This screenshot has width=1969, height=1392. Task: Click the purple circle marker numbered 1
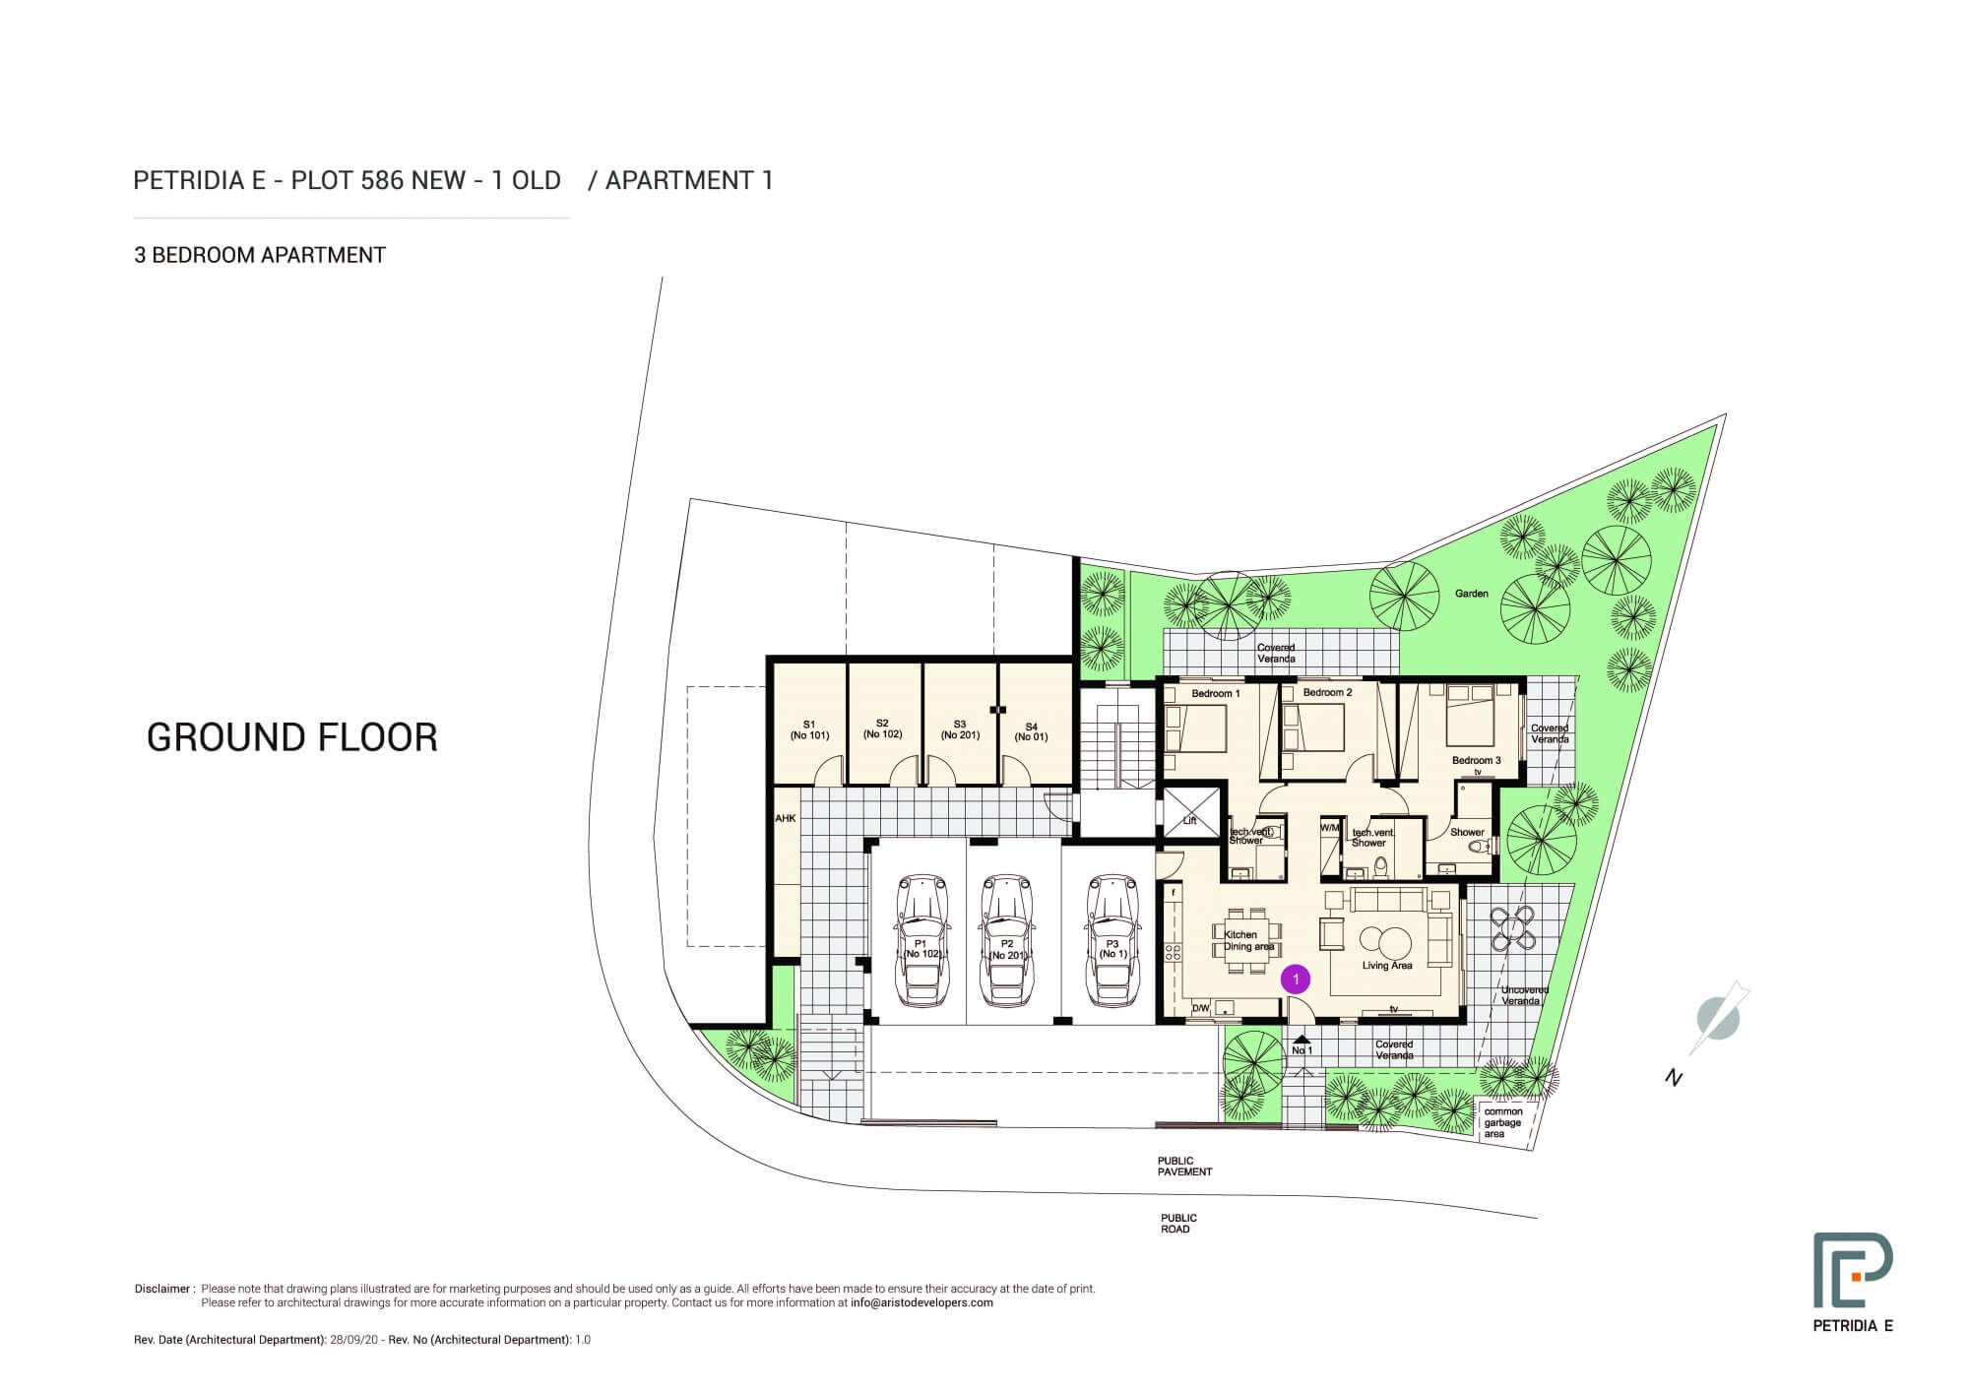1297,980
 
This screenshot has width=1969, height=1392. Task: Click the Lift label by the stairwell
1189,820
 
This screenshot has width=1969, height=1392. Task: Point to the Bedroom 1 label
1216,694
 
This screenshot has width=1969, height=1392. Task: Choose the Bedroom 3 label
1476,760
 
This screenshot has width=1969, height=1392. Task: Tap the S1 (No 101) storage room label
809,729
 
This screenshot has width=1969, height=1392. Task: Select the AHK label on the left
785,818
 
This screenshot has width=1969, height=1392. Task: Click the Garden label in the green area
1472,594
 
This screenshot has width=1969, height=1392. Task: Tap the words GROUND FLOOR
291,737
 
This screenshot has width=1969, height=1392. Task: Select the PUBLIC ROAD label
1178,1224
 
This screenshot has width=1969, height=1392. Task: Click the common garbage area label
1502,1123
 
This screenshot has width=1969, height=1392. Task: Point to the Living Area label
1387,966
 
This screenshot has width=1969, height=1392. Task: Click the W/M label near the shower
1330,828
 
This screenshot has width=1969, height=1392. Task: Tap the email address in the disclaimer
921,1302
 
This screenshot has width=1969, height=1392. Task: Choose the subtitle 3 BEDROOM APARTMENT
260,255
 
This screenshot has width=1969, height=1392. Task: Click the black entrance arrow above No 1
1302,1039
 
